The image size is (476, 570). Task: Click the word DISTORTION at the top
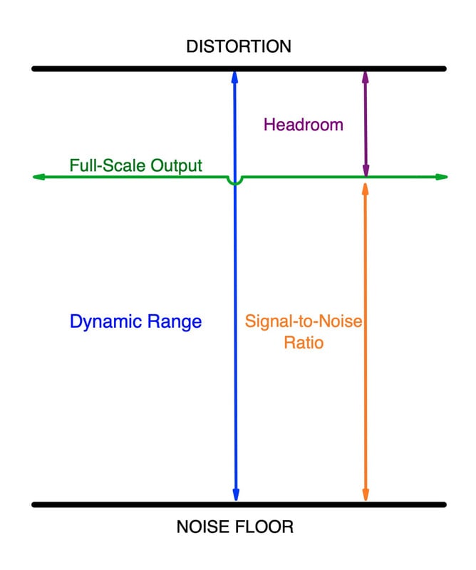click(238, 47)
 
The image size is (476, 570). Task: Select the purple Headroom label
click(303, 125)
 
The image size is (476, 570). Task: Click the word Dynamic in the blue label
click(102, 322)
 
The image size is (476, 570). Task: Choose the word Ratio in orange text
click(304, 342)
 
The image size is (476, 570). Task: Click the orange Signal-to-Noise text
click(304, 321)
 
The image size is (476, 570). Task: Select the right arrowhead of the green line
click(443, 177)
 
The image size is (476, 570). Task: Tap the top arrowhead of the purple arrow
click(366, 76)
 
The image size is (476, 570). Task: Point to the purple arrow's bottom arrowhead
click(366, 171)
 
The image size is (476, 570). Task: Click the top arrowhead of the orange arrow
click(366, 188)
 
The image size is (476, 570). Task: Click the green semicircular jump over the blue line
click(234, 183)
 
